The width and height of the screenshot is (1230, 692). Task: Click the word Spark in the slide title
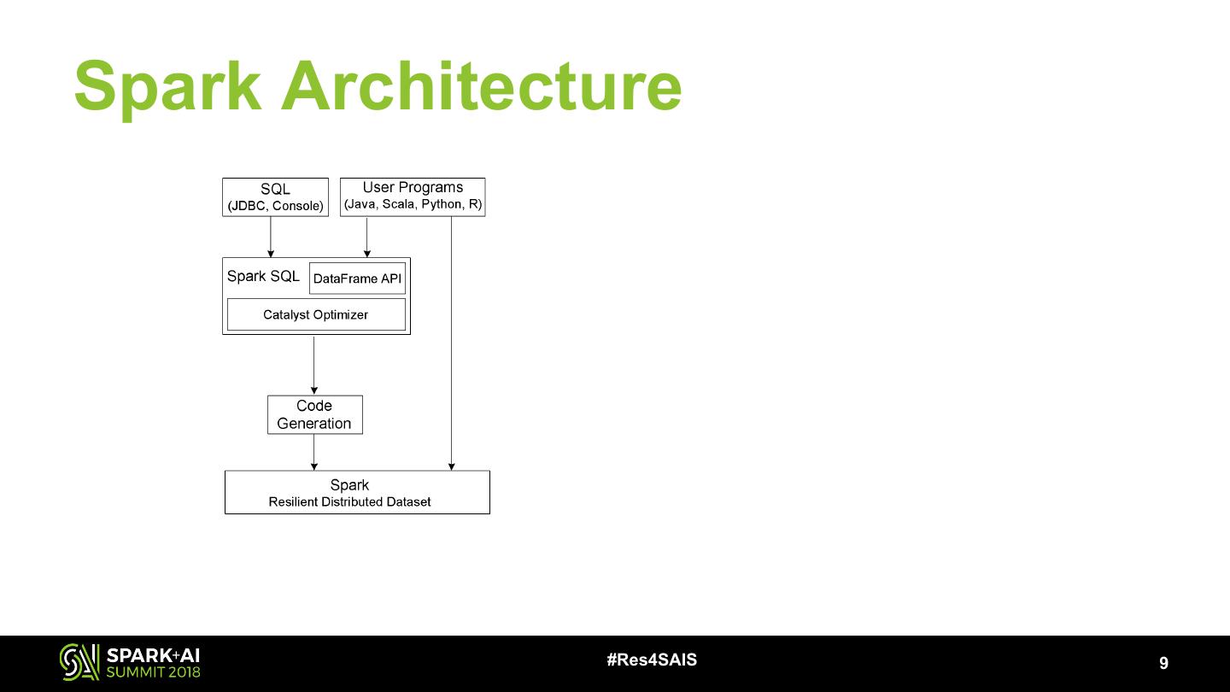click(x=167, y=87)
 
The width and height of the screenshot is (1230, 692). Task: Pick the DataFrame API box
click(x=357, y=279)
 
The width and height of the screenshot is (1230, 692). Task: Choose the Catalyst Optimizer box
click(x=315, y=314)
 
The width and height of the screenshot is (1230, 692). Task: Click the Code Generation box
click(x=314, y=414)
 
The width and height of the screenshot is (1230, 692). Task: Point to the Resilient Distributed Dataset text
click(x=349, y=501)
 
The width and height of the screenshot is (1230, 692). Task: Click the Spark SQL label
click(x=263, y=276)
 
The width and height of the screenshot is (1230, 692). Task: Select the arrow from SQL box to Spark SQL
click(x=271, y=237)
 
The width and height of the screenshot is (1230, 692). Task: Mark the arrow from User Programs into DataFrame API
click(x=367, y=237)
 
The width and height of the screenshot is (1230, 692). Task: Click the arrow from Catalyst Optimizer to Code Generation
click(x=314, y=365)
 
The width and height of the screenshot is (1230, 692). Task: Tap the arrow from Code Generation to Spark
click(x=314, y=452)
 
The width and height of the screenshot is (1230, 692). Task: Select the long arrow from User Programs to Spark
click(x=451, y=342)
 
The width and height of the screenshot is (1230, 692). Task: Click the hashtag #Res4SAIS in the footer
click(x=652, y=660)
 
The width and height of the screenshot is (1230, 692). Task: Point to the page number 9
click(x=1163, y=663)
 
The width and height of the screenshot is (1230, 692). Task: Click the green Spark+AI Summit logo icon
click(x=79, y=662)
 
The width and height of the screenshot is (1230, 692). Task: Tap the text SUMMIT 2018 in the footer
click(x=153, y=672)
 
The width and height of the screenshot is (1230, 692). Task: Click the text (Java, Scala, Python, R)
click(x=413, y=205)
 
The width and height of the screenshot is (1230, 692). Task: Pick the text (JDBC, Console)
click(x=275, y=206)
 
